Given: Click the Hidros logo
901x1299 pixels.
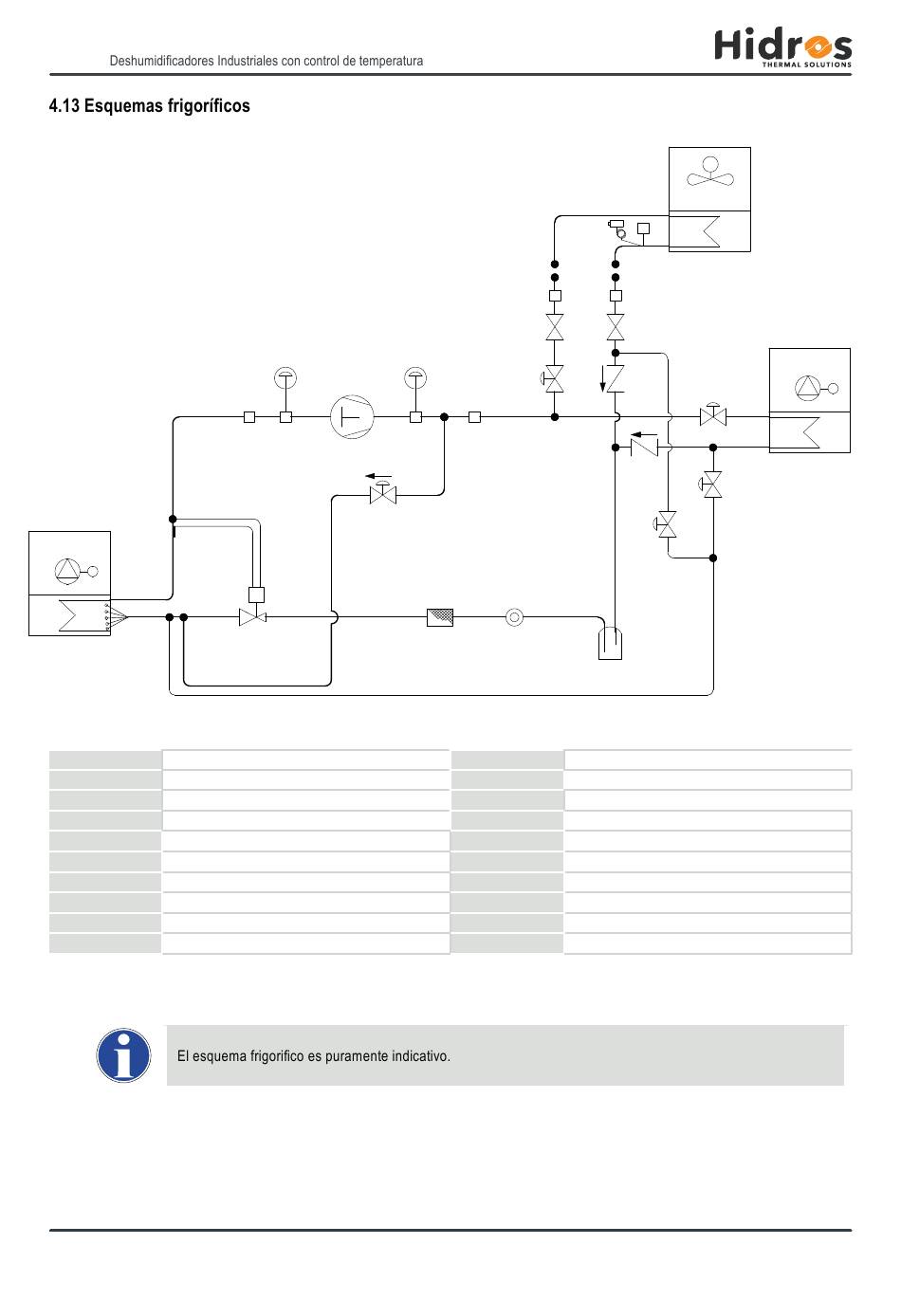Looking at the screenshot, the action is pyautogui.click(x=782, y=47).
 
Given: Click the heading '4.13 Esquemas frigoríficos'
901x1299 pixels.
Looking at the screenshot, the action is pyautogui.click(x=150, y=106).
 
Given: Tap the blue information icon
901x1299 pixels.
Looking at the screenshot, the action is pyautogui.click(x=123, y=1055).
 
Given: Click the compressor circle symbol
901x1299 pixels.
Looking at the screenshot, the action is pyautogui.click(x=352, y=416).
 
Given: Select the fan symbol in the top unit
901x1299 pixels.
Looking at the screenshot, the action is pyautogui.click(x=710, y=173).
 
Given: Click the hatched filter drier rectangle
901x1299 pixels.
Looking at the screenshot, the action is pyautogui.click(x=440, y=617).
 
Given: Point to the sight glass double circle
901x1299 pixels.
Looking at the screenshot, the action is pyautogui.click(x=514, y=617).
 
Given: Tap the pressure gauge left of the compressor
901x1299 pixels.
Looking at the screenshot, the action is pyautogui.click(x=285, y=378).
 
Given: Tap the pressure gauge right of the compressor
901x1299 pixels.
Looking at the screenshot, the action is pyautogui.click(x=415, y=378).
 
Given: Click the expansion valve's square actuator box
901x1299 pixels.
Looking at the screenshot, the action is pyautogui.click(x=256, y=595).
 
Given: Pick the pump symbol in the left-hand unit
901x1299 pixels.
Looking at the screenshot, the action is pyautogui.click(x=76, y=571).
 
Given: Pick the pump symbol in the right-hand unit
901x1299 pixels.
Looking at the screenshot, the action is pyautogui.click(x=816, y=388).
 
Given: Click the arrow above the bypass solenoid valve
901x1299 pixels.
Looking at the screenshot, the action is pyautogui.click(x=378, y=476).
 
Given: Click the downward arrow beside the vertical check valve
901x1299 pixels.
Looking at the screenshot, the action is pyautogui.click(x=603, y=379).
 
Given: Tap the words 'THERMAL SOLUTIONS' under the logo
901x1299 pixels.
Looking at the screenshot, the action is pyautogui.click(x=806, y=64).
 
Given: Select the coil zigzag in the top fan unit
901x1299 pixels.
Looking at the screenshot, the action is pyautogui.click(x=711, y=230).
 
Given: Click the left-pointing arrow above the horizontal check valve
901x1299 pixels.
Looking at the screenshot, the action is pyautogui.click(x=644, y=434).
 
